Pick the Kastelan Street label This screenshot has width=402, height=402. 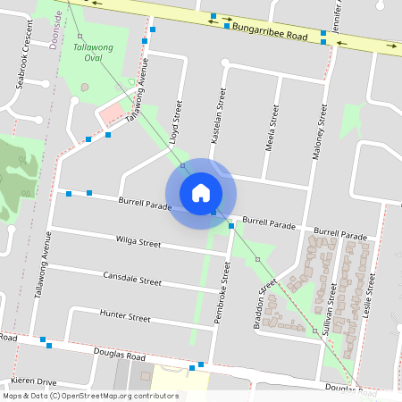(x=215, y=116)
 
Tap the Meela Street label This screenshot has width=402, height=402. (x=274, y=124)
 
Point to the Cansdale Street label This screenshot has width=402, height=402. (x=131, y=279)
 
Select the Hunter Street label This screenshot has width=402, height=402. (x=125, y=315)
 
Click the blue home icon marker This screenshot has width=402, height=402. (x=201, y=192)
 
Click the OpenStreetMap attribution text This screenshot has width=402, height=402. (x=90, y=396)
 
